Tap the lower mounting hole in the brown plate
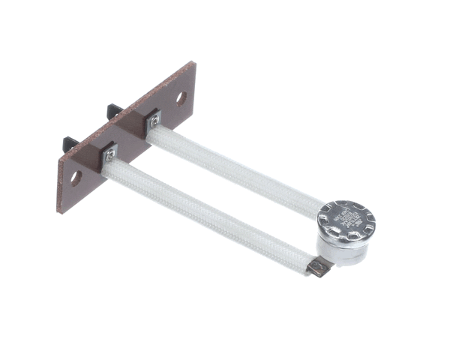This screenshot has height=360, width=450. click(x=76, y=178)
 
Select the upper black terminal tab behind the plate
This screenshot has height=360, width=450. click(x=114, y=111)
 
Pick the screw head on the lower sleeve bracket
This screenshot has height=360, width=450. click(x=110, y=154)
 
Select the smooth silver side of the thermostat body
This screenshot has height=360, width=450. click(x=337, y=251)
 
